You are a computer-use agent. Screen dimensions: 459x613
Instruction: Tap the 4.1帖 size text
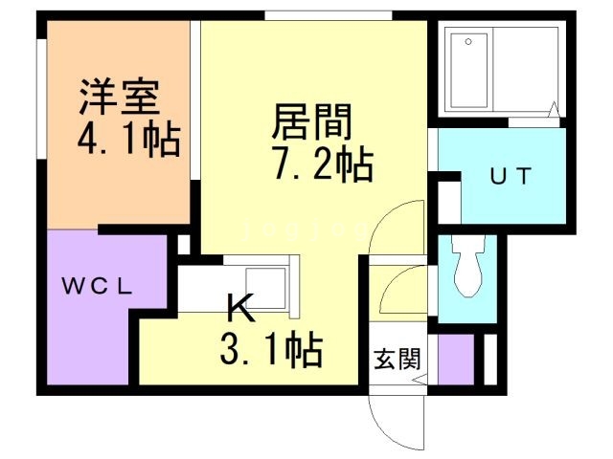coord(128,140)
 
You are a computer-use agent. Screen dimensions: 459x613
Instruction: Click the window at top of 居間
coord(327,14)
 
